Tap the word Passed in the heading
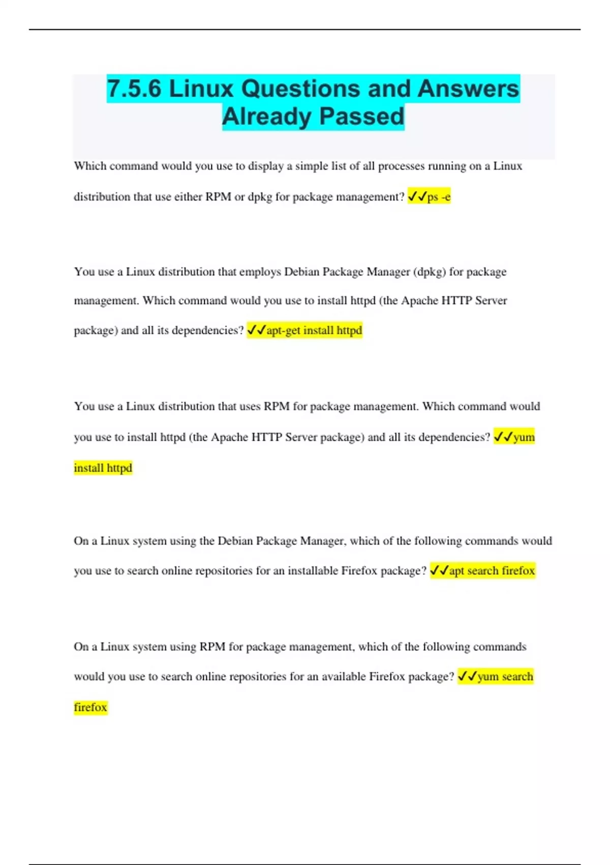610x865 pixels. pyautogui.click(x=362, y=117)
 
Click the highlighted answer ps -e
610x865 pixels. pyautogui.click(x=439, y=197)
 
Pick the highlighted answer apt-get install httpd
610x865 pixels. pyautogui.click(x=314, y=331)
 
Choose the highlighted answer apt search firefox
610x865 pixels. pyautogui.click(x=492, y=571)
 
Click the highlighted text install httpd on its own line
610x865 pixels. pyautogui.click(x=103, y=468)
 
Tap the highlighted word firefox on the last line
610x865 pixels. pyautogui.click(x=90, y=707)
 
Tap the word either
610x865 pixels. pyautogui.click(x=188, y=197)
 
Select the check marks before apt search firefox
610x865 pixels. pyautogui.click(x=439, y=571)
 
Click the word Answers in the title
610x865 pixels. pyautogui.click(x=468, y=89)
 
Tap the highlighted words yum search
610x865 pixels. pyautogui.click(x=505, y=677)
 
